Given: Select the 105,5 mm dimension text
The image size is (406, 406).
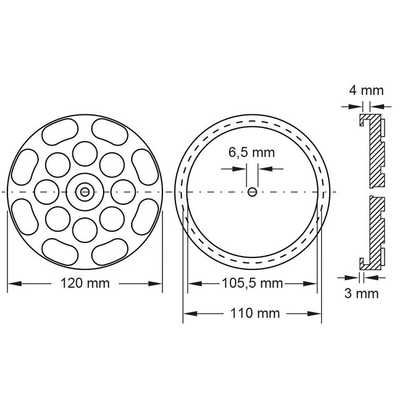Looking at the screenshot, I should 252,283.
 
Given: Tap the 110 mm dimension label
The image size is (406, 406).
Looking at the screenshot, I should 252,314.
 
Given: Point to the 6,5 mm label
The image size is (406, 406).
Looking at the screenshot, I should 252,152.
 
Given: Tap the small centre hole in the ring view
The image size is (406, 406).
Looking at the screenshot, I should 252,192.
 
